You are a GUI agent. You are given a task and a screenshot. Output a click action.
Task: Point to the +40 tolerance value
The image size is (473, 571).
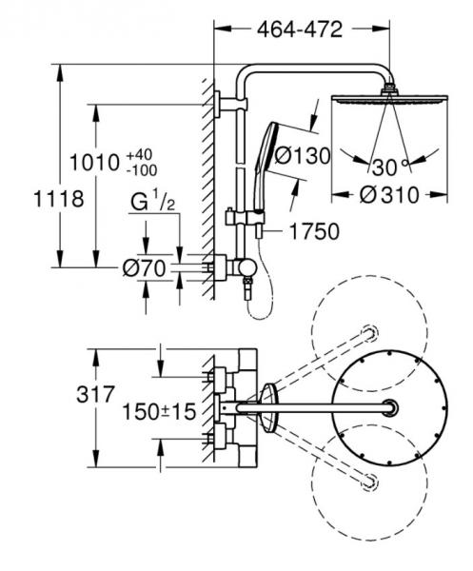(139, 153)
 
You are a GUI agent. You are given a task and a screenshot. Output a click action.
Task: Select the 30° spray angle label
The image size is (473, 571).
(384, 167)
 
